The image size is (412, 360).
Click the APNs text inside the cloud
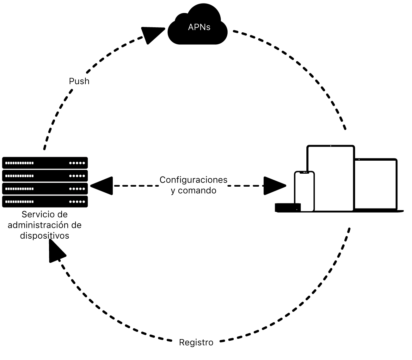(199, 27)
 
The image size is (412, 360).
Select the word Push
(79, 81)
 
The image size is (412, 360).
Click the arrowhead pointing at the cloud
(152, 34)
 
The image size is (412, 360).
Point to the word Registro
(196, 343)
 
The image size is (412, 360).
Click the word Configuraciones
(193, 180)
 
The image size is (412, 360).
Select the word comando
(197, 190)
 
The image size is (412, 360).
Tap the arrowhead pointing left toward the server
(102, 186)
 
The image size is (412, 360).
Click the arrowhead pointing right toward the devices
(274, 186)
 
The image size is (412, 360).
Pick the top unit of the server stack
(45, 163)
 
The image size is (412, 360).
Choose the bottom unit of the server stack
(45, 202)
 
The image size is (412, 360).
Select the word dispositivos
(45, 236)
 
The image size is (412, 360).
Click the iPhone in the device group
(304, 192)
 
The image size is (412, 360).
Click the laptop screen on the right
(376, 184)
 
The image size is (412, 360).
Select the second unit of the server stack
(45, 176)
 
